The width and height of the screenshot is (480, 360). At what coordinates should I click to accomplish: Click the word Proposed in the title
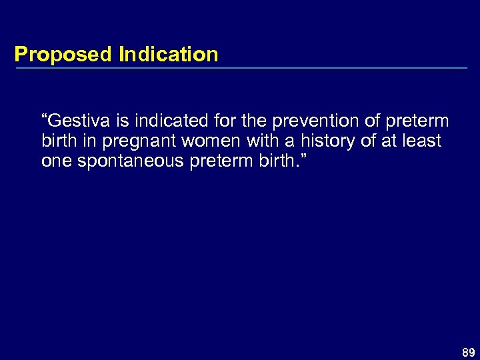tap(64, 55)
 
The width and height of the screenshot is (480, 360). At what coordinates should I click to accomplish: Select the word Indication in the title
tap(168, 54)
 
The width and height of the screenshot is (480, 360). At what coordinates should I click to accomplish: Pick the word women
tap(196, 141)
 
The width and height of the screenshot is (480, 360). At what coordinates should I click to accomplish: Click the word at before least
tap(387, 141)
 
